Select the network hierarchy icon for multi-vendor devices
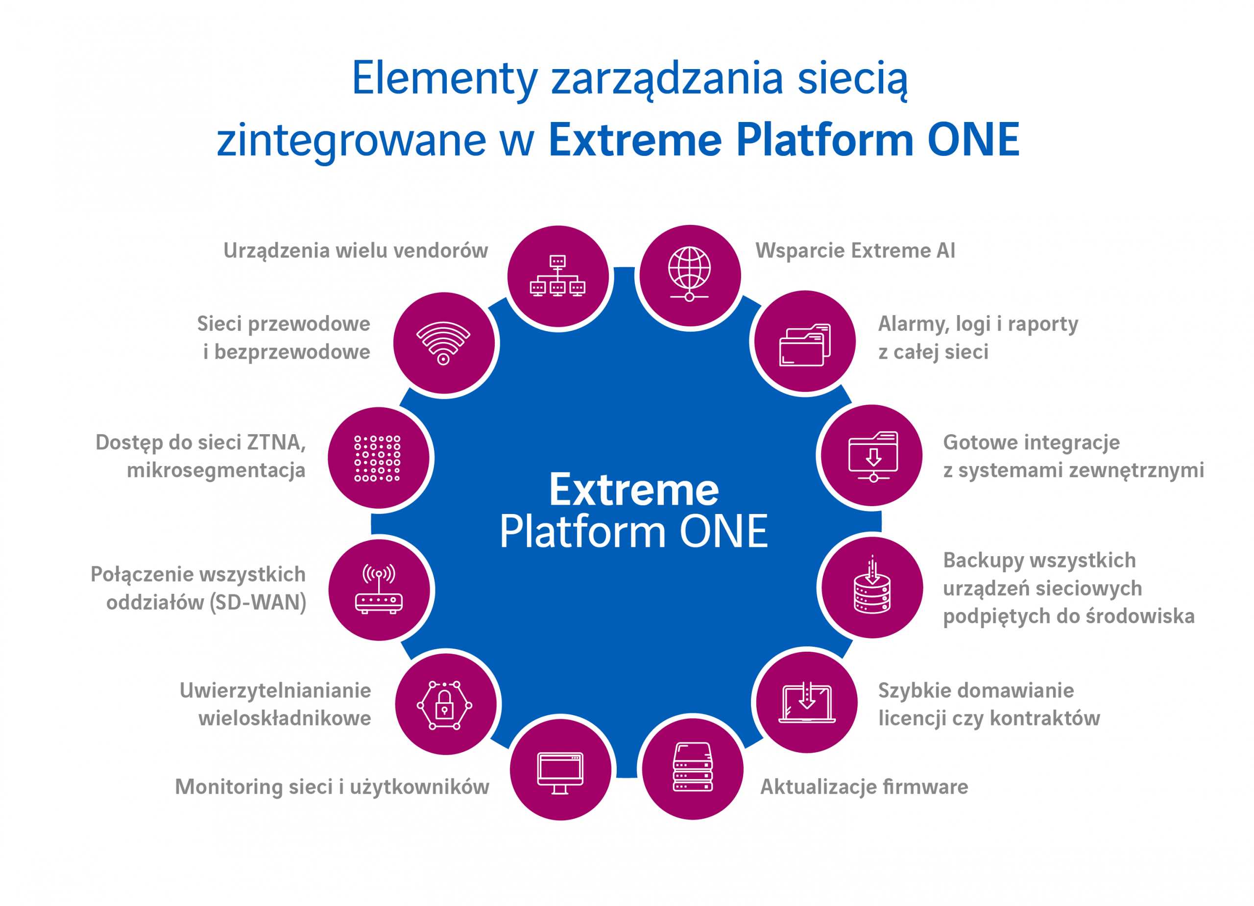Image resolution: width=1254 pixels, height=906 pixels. (x=557, y=275)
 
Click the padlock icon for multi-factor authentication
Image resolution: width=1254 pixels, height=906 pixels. (x=445, y=705)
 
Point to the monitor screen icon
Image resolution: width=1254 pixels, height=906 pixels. (x=560, y=773)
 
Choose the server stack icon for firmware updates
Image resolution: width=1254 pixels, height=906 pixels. (x=693, y=767)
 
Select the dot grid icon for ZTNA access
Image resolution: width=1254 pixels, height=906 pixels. (x=378, y=458)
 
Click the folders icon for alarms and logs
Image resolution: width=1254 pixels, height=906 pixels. (x=805, y=344)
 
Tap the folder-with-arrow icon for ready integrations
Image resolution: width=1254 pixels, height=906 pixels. (x=873, y=456)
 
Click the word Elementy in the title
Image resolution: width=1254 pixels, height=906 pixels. (x=445, y=78)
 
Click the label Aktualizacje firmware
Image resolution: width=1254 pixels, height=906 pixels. (x=864, y=786)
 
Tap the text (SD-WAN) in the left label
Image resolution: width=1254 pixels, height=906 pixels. (x=258, y=602)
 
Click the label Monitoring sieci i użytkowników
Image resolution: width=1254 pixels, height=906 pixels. (x=332, y=787)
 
